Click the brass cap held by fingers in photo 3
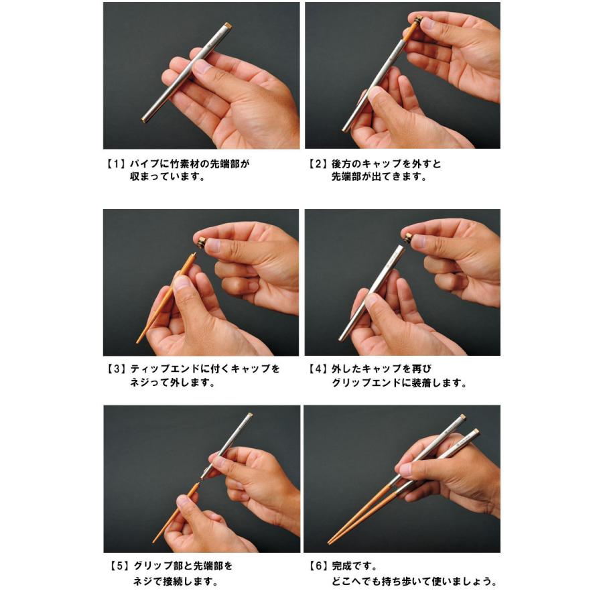click(201, 241)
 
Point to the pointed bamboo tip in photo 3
click(139, 341)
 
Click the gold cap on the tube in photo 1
click(228, 27)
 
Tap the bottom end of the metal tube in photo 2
click(344, 129)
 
